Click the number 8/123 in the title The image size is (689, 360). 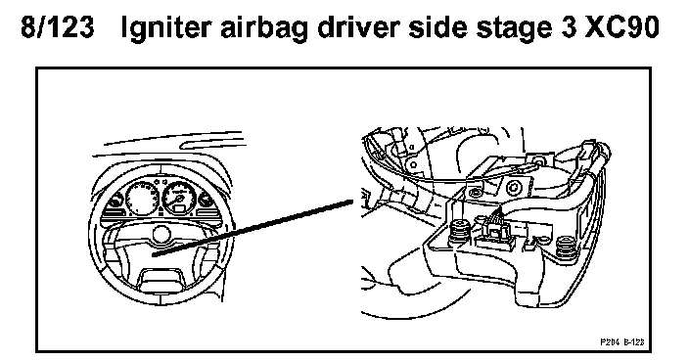coord(58,27)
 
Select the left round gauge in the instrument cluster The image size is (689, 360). coord(142,199)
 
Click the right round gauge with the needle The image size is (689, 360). coord(179,198)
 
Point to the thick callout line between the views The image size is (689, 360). coord(253,227)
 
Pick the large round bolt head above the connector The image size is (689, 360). coord(513,189)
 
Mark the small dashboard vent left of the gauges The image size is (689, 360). coord(115,202)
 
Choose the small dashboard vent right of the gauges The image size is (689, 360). coord(205,200)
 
